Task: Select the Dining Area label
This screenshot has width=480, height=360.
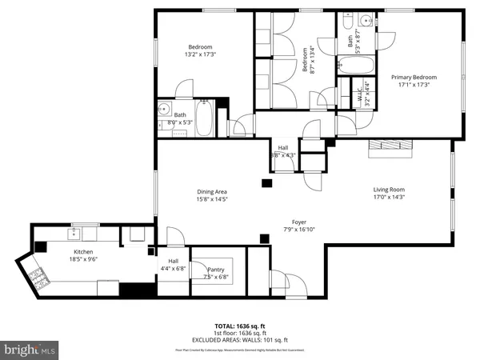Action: click(x=214, y=191)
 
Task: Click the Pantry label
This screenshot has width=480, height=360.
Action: click(x=215, y=270)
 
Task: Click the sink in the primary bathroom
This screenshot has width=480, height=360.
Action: click(x=364, y=19)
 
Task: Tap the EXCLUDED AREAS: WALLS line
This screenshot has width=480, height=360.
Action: click(x=240, y=341)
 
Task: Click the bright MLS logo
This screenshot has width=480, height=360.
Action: click(x=30, y=350)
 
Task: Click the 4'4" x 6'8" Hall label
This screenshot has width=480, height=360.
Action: click(x=174, y=269)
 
